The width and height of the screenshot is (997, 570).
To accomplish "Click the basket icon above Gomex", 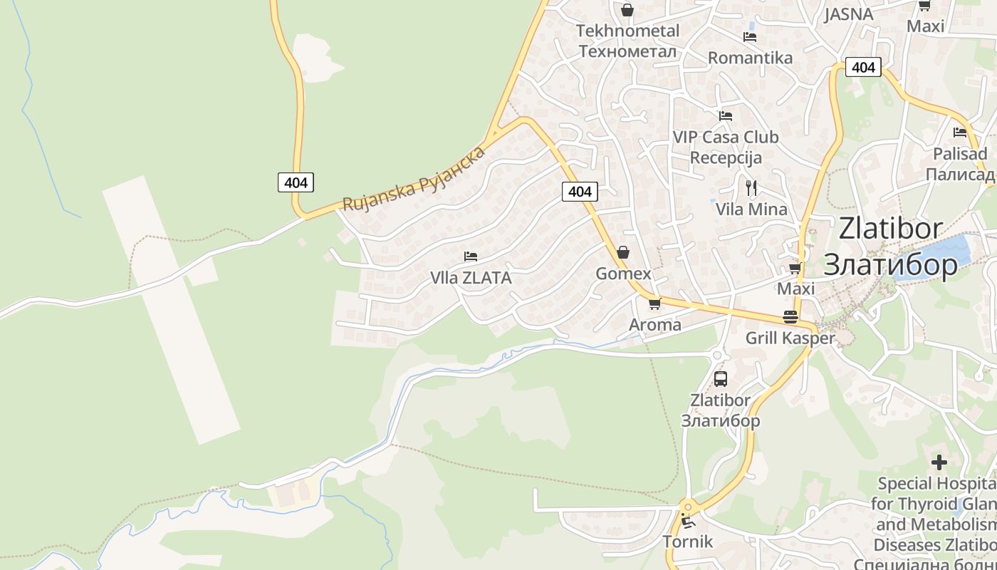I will click(x=623, y=252).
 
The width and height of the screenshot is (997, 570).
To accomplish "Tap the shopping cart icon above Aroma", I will click(x=654, y=304).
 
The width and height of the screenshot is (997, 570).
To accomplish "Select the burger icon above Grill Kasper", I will click(x=790, y=316).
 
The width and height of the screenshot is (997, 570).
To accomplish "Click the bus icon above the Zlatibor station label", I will click(x=721, y=379).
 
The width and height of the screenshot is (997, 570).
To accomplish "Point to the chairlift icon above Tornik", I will click(x=687, y=521).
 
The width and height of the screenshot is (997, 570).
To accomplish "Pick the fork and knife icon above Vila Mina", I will click(x=751, y=188).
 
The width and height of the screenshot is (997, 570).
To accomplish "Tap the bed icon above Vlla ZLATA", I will click(x=470, y=256).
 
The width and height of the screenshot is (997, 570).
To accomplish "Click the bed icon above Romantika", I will click(x=749, y=37).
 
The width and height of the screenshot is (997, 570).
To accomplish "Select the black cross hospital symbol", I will click(x=939, y=462).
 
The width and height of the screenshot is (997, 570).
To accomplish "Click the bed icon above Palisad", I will click(x=960, y=133).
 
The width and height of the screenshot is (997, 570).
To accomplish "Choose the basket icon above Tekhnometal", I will click(x=627, y=10).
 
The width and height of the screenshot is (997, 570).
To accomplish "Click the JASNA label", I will click(x=849, y=14).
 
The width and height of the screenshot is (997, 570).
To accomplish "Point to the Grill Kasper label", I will click(x=790, y=338).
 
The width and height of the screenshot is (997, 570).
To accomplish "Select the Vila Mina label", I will click(x=751, y=209).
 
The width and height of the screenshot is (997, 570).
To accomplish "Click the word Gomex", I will click(x=623, y=274).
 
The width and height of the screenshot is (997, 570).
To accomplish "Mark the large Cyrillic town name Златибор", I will click(x=890, y=264).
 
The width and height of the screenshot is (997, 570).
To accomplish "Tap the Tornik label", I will click(x=687, y=541).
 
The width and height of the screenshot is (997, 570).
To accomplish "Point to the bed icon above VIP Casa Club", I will click(x=726, y=116).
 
